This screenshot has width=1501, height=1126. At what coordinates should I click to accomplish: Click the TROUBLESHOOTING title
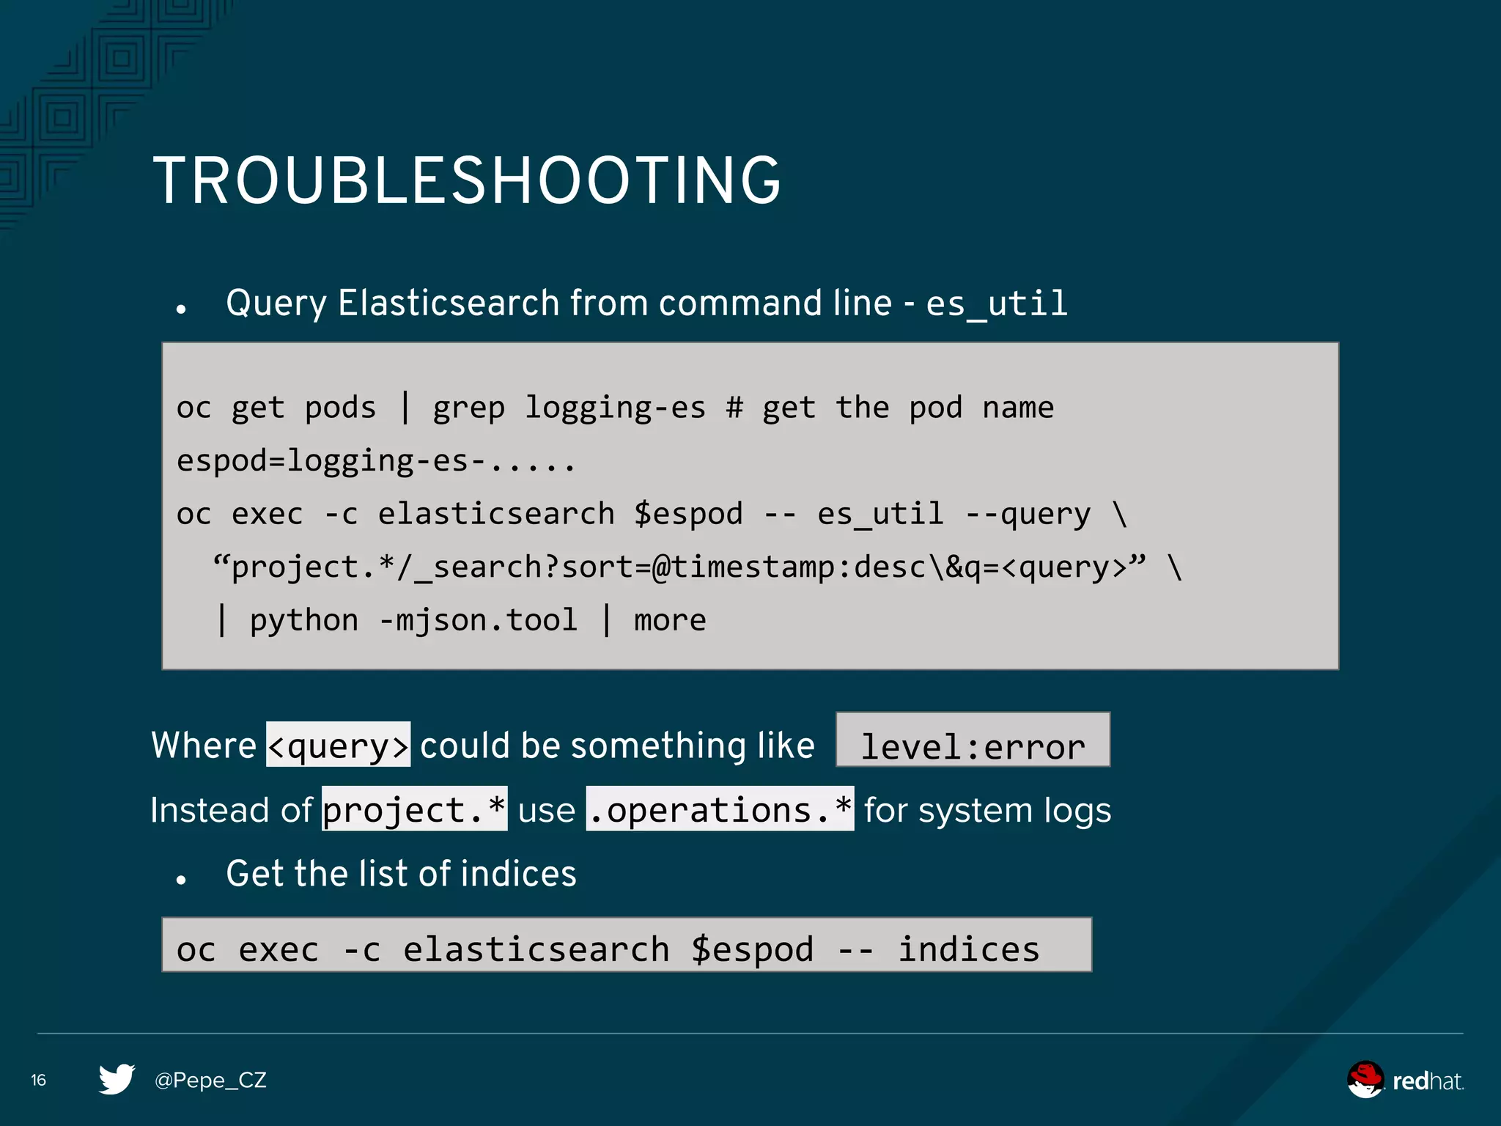(467, 180)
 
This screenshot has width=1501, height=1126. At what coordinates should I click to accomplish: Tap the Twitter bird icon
(117, 1079)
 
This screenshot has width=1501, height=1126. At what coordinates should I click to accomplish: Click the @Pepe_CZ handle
(210, 1080)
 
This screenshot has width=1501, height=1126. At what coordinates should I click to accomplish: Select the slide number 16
(39, 1080)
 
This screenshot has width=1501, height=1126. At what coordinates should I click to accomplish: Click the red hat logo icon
(1365, 1080)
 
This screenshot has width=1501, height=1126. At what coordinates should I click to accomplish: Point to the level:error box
(973, 740)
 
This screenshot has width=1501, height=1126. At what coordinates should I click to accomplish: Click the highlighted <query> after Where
(338, 745)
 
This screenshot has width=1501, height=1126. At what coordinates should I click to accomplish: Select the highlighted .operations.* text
(720, 809)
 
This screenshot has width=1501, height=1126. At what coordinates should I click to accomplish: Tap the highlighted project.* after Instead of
(414, 809)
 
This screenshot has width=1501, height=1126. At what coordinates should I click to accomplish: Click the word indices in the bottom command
(968, 949)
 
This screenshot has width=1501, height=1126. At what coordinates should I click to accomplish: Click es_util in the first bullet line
(997, 303)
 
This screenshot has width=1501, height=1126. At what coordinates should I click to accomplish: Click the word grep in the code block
(468, 408)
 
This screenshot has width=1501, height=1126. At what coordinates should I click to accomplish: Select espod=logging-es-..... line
(376, 461)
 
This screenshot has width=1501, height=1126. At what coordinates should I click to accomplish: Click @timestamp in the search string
(742, 567)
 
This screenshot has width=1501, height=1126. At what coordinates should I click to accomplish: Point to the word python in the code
(303, 620)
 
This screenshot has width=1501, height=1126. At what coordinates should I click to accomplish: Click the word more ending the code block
(670, 620)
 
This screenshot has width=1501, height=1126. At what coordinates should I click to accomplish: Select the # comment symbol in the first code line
(734, 408)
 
